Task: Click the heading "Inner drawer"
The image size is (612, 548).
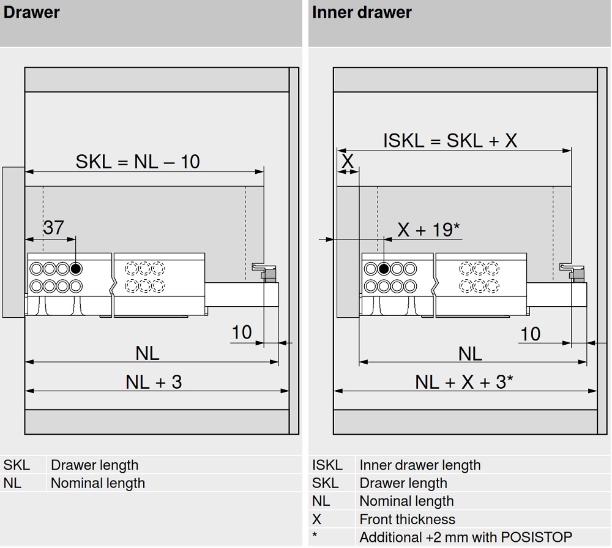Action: coord(362,12)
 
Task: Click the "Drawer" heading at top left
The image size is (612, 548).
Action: coord(32,12)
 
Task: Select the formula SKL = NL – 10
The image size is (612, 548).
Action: coord(138,162)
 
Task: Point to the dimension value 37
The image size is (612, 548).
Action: coord(54,228)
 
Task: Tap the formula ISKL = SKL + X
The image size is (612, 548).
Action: coord(450,141)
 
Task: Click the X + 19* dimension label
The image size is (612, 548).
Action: coord(428,230)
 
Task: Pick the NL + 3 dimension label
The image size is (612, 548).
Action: coord(154,382)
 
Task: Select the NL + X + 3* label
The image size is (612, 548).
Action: coord(464,382)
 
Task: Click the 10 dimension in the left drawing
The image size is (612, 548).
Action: coord(242,332)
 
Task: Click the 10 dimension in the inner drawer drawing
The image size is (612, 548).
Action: coord(530,334)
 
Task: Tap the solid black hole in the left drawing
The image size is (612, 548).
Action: coord(76,268)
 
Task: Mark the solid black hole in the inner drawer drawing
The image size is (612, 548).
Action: coord(384,269)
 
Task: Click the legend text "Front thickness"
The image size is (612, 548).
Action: coord(407,519)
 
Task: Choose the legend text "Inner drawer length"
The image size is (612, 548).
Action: coord(420,465)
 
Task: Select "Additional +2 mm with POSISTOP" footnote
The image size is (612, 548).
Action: coord(466,538)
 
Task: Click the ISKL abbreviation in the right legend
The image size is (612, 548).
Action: coord(327,465)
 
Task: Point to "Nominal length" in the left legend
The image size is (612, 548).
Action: coord(98,483)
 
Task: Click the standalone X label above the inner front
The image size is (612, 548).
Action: coord(348,162)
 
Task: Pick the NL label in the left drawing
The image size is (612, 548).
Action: coord(147,353)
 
